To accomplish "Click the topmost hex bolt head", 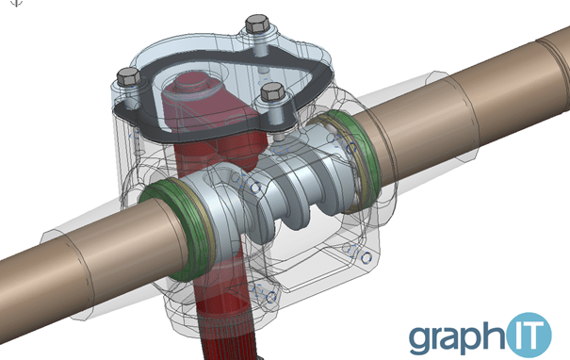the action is [x=258, y=25].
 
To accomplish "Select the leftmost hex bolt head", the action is [x=129, y=76].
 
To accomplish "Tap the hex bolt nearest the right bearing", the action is [x=272, y=91].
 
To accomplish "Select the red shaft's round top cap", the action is [x=192, y=85].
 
